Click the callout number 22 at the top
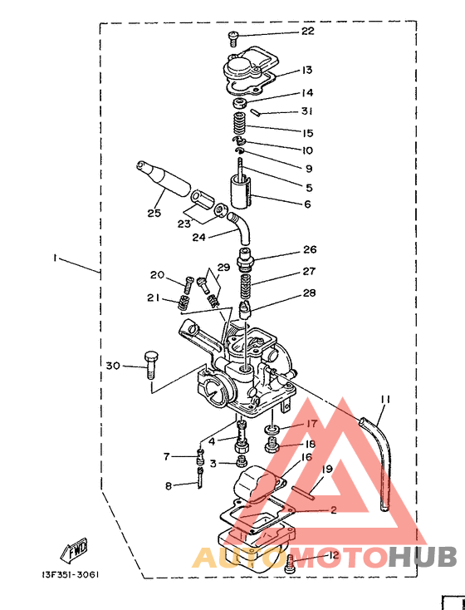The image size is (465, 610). [x=307, y=31]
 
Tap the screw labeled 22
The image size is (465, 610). [x=232, y=39]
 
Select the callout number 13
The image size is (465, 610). [x=306, y=70]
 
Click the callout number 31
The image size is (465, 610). [x=306, y=111]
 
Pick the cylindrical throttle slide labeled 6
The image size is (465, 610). [x=241, y=192]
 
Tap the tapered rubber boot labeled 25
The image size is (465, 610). [x=164, y=179]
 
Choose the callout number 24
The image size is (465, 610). [x=198, y=237]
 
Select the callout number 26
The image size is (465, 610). [x=310, y=249]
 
